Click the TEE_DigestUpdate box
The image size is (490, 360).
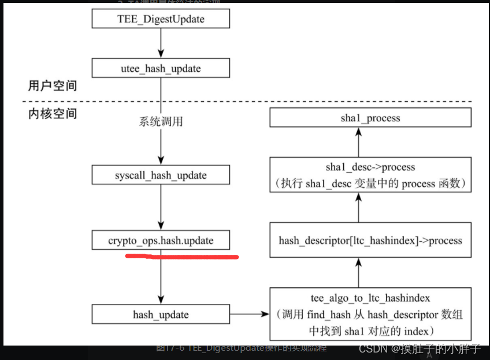pyautogui.click(x=161, y=18)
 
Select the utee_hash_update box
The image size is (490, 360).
pyautogui.click(x=161, y=69)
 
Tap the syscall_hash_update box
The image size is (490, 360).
pyautogui.click(x=161, y=175)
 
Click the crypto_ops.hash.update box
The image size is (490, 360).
pyautogui.click(x=161, y=240)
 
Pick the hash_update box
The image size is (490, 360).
pyautogui.click(x=161, y=315)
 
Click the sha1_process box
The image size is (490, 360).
pyautogui.click(x=370, y=118)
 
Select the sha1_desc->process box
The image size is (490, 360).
pyautogui.click(x=370, y=175)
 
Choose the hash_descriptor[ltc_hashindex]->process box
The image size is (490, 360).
pyautogui.click(x=370, y=240)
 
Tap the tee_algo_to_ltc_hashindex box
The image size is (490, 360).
pyautogui.click(x=370, y=315)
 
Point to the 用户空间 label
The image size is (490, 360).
pyautogui.click(x=52, y=86)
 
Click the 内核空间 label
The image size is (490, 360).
pyautogui.click(x=52, y=114)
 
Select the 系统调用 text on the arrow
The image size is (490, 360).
pyautogui.click(x=161, y=121)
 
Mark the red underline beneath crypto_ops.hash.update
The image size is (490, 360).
pyautogui.click(x=182, y=255)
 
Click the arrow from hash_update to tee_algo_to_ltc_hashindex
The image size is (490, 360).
pyautogui.click(x=250, y=315)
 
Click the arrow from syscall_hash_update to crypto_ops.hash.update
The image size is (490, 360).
pyautogui.click(x=161, y=207)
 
